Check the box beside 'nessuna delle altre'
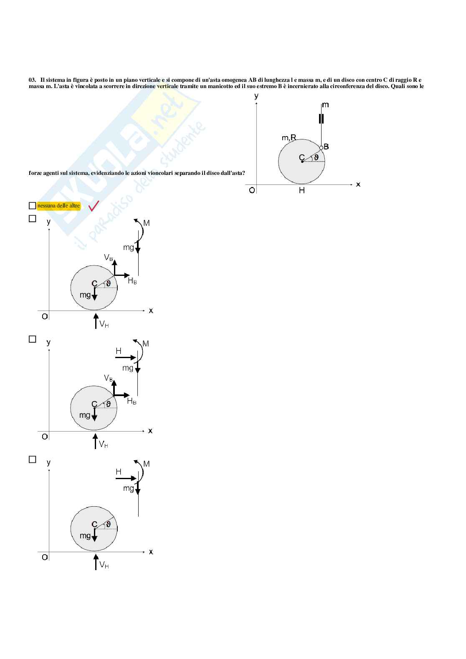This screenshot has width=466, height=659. (33, 205)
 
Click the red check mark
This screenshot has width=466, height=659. (94, 206)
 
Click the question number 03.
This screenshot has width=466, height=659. (32, 80)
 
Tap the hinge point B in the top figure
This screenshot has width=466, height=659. (321, 148)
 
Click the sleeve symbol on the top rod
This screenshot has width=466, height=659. (321, 119)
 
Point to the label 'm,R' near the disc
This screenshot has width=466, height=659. (289, 137)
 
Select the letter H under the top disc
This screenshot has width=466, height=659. (302, 190)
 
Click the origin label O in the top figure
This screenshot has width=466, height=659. (252, 190)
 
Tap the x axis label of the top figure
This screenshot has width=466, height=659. (358, 184)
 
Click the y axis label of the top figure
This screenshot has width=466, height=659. (256, 96)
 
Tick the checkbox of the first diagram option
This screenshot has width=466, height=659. (33, 218)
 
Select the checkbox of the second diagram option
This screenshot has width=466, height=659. (33, 339)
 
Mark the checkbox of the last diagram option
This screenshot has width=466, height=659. (33, 459)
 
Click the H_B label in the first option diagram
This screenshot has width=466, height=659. (132, 280)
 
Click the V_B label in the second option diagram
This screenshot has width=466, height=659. (108, 378)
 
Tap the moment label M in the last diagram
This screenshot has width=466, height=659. (146, 464)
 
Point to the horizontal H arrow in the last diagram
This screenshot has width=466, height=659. (126, 478)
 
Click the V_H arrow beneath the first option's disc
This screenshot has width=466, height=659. (96, 321)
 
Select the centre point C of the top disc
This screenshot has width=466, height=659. (302, 161)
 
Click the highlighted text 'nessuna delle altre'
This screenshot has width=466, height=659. (58, 205)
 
